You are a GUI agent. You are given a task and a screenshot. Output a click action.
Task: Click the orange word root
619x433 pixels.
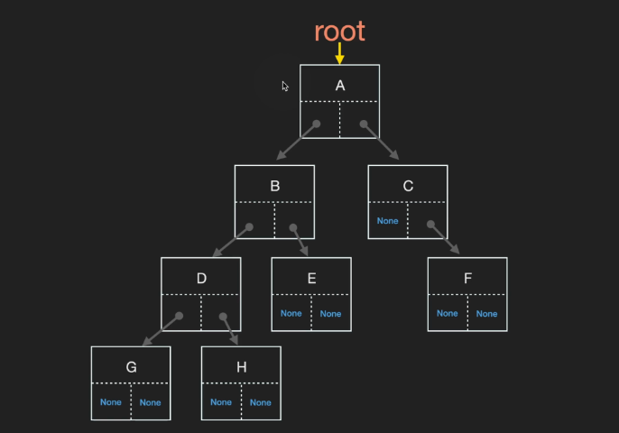click(339, 32)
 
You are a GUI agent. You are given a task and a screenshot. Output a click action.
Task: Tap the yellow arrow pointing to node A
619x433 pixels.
click(339, 53)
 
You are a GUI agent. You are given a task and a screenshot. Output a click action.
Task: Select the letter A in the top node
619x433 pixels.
click(340, 86)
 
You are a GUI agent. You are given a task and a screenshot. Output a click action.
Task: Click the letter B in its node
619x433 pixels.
click(274, 186)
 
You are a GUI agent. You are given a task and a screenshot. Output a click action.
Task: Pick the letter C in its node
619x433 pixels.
click(408, 186)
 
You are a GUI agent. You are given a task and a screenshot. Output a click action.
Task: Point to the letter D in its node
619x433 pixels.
click(201, 278)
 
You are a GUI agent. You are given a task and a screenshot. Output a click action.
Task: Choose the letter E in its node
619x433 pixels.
click(311, 278)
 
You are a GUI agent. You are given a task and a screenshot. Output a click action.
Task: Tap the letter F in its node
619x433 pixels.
click(467, 278)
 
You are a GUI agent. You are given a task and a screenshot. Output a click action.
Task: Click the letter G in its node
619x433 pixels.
click(131, 367)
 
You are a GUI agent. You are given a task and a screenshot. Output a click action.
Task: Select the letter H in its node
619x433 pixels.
click(241, 367)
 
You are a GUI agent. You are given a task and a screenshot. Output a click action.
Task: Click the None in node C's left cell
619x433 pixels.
click(387, 221)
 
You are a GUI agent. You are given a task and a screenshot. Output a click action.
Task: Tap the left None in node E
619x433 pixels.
click(291, 313)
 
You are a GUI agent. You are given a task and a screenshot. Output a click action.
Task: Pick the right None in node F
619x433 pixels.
click(486, 314)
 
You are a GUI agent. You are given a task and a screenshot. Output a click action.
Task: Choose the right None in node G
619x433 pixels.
click(150, 402)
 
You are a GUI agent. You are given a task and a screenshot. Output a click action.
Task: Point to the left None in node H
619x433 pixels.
click(221, 402)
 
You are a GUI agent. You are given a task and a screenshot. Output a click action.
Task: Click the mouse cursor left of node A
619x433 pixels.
click(285, 86)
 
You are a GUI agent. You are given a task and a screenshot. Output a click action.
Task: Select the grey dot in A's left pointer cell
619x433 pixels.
click(316, 124)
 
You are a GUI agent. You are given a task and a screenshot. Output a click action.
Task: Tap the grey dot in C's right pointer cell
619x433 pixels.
click(430, 225)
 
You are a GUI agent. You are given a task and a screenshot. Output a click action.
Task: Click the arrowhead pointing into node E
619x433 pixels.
click(304, 251)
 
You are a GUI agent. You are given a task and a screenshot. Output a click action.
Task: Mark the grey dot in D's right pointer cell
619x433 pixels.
click(223, 317)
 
